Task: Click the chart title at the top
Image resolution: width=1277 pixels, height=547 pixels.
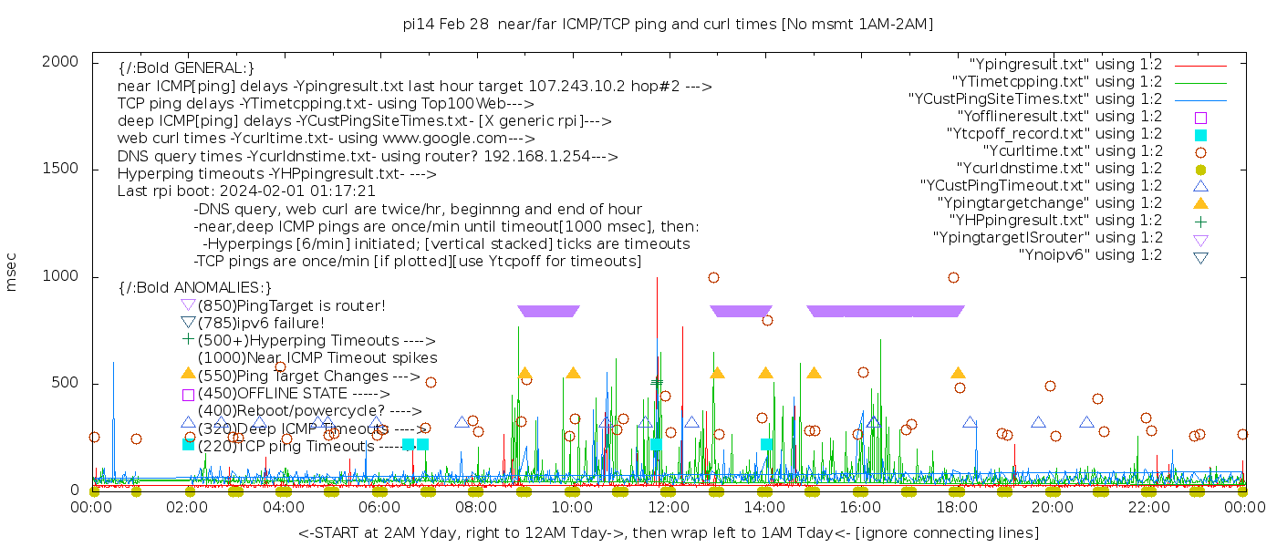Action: (x=668, y=25)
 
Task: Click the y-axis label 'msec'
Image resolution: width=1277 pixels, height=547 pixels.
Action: (x=12, y=272)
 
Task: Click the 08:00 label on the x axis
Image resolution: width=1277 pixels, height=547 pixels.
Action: (x=476, y=507)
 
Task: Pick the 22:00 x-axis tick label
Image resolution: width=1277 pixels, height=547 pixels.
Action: (x=1147, y=507)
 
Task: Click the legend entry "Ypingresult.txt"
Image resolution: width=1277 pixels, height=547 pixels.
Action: (x=1064, y=64)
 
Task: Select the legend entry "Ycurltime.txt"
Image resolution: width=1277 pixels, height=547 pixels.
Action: (x=1072, y=150)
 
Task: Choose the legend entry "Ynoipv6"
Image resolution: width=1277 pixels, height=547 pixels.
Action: (x=1090, y=254)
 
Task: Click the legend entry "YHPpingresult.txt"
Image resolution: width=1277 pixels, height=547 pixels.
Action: (x=1055, y=220)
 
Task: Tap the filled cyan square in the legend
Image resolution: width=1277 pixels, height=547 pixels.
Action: (x=1200, y=134)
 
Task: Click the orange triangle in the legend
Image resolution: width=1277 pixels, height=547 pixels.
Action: (x=1200, y=202)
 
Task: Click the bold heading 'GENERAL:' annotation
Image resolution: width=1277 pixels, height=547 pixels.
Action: (x=186, y=68)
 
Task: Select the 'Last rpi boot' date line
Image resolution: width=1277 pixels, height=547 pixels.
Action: (x=246, y=191)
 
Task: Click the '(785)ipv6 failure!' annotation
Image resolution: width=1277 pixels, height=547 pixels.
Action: (x=261, y=323)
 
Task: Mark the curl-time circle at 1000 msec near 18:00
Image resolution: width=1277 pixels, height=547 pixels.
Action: (x=953, y=277)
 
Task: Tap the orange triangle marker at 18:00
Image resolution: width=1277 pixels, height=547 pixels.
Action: (x=958, y=373)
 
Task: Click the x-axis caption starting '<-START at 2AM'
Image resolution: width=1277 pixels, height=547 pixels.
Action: (x=668, y=532)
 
